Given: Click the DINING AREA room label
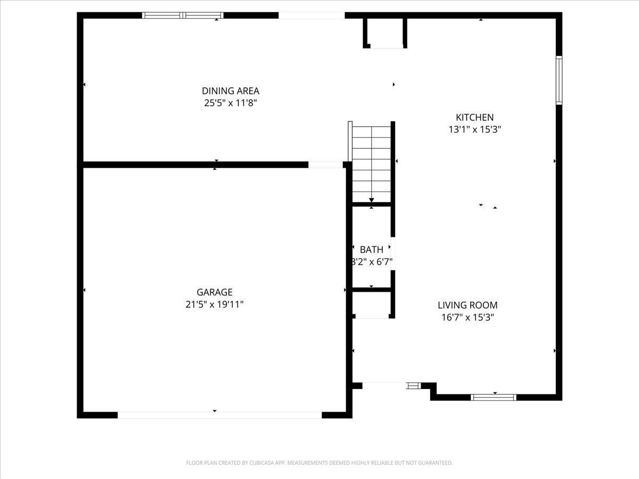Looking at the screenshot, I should click(x=230, y=91).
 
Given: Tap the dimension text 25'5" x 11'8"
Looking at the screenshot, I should click(x=230, y=103).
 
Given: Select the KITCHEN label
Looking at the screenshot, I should click(x=474, y=118).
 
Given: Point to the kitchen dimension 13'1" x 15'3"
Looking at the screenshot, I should click(x=474, y=129).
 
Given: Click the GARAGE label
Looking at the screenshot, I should click(x=215, y=292).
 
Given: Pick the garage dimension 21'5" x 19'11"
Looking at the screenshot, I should click(x=215, y=304).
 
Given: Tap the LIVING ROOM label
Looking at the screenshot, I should click(x=468, y=305).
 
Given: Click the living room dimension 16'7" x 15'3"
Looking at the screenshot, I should click(x=468, y=317).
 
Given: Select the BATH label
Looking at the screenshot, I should click(x=371, y=250).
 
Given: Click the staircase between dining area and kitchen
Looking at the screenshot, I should click(x=371, y=162).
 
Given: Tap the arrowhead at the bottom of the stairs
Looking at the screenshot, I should click(x=371, y=200).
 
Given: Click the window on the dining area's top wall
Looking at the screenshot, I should click(x=183, y=15).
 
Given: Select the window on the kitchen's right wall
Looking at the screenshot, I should click(x=559, y=80).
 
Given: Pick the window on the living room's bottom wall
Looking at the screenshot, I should click(x=494, y=397).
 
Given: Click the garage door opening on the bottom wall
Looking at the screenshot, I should click(x=219, y=415).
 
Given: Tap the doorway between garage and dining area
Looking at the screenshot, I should click(x=325, y=165).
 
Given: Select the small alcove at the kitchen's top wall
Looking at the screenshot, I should click(x=386, y=34).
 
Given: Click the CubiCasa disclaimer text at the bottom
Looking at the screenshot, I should click(x=319, y=463).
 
